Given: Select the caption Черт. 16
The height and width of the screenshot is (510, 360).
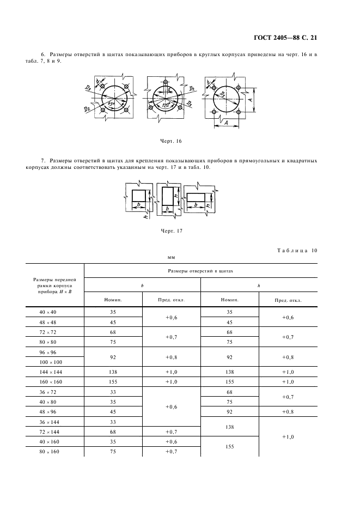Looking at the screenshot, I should pos(170,141).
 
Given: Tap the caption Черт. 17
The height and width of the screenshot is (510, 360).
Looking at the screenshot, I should pos(171,230).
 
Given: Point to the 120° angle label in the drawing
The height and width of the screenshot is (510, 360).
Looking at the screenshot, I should pos(162,105).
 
